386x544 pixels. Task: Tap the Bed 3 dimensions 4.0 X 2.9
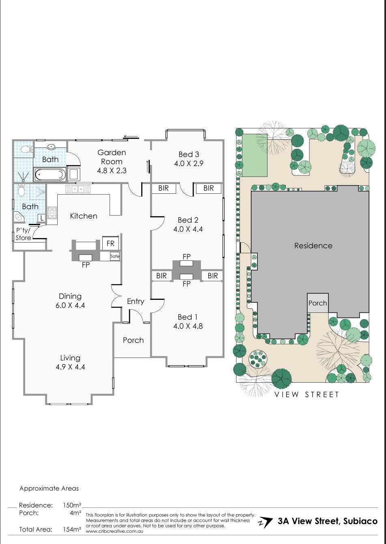[188, 163]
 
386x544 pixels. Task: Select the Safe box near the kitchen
[115, 256]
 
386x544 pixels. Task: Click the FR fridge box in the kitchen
[110, 243]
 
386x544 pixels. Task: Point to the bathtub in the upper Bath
[50, 175]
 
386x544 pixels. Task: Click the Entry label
[135, 301]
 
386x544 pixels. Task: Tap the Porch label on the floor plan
[133, 340]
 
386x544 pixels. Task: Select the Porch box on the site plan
[317, 303]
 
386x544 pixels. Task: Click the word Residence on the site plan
[313, 245]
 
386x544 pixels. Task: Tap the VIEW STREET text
[306, 394]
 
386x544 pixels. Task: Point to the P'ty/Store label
[23, 234]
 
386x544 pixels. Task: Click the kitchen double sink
[78, 189]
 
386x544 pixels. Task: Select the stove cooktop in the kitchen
[52, 213]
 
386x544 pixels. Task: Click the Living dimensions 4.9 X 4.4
[70, 367]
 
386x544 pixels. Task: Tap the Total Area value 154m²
[71, 529]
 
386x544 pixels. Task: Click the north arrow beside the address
[265, 522]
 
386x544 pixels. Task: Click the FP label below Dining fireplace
[86, 265]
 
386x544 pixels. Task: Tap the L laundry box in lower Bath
[41, 218]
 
